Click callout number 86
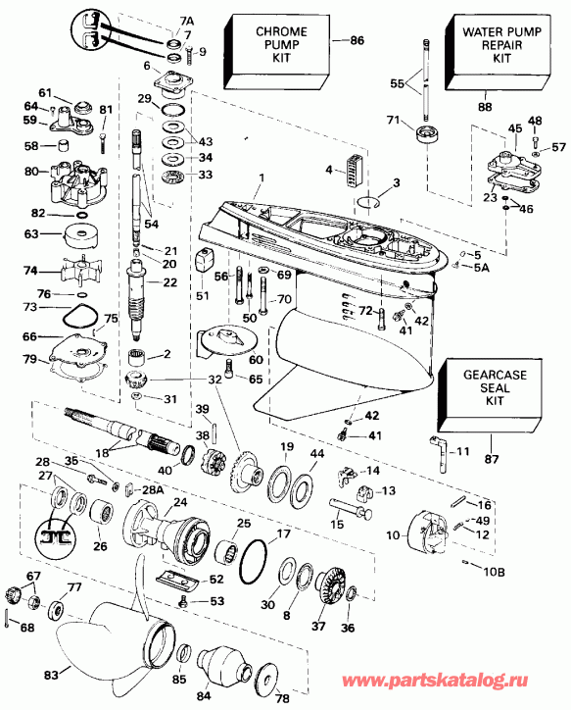click(357, 41)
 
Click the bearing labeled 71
click(427, 134)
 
